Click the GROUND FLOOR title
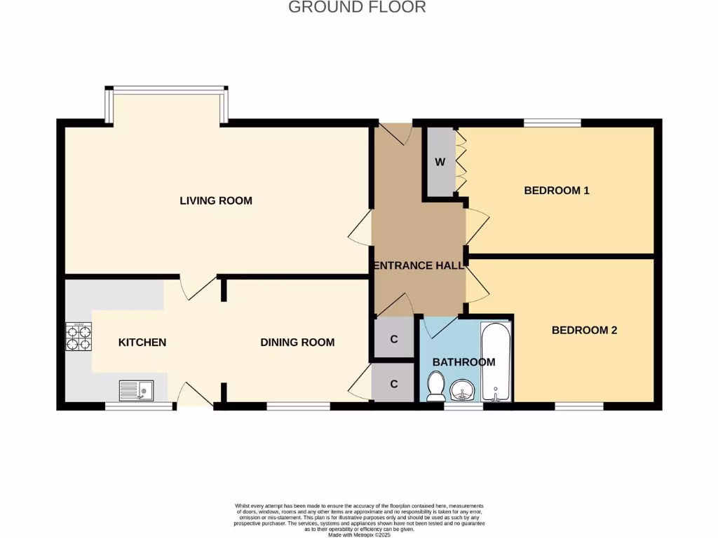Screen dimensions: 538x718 [x=357, y=8]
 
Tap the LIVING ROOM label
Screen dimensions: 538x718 [x=216, y=201]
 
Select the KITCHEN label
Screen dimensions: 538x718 [x=142, y=343]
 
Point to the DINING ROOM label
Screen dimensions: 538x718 [x=297, y=343]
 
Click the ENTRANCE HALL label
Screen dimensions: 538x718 [x=419, y=266]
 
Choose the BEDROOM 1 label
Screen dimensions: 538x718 [x=557, y=191]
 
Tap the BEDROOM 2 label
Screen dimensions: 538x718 [x=584, y=330]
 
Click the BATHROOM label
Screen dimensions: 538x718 [x=463, y=362]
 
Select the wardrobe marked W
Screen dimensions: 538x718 [x=440, y=163]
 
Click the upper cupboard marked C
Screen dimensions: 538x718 [x=394, y=340]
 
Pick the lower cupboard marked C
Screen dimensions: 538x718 [x=394, y=384]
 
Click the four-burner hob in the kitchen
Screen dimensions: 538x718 [x=79, y=338]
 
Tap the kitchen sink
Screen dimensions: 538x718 [x=136, y=389]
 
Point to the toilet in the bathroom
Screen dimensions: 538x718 [x=436, y=386]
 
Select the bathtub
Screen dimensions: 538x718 [x=496, y=362]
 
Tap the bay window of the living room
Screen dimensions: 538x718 [x=167, y=90]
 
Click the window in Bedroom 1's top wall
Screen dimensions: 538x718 [x=553, y=123]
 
